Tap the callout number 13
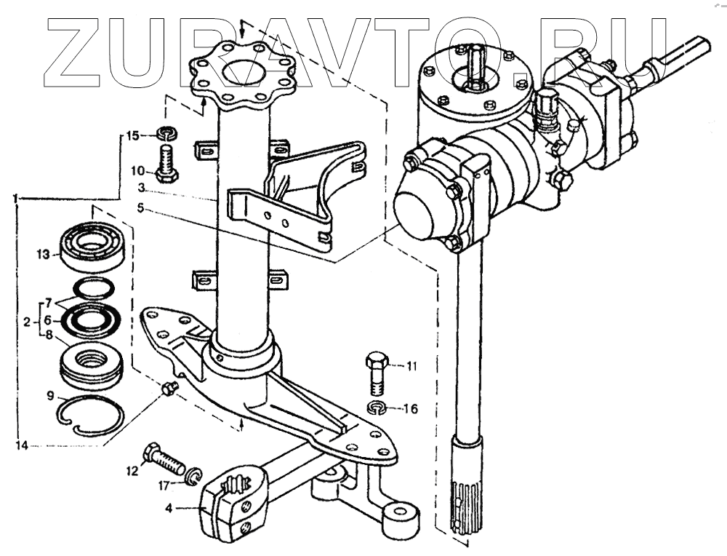coord(44,254)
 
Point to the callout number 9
coord(50,396)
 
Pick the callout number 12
coord(132,471)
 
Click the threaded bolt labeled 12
coord(165,460)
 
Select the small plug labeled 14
coord(172,388)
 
